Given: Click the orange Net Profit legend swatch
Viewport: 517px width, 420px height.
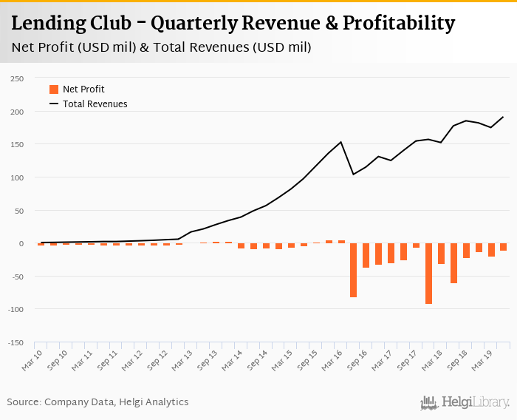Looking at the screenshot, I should click(x=54, y=89).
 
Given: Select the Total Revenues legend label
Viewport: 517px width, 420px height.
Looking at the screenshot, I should click(x=95, y=104).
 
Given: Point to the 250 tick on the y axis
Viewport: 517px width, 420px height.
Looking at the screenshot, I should click(x=17, y=78).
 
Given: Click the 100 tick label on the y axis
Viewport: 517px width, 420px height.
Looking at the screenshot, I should click(x=17, y=177).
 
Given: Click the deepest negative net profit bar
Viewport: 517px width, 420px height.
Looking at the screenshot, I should click(x=428, y=274).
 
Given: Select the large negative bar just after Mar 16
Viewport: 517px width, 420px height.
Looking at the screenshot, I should click(x=353, y=270).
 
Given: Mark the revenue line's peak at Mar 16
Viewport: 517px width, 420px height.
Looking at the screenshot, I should click(x=340, y=142).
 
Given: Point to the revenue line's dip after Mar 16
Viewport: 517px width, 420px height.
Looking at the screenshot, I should click(x=353, y=175).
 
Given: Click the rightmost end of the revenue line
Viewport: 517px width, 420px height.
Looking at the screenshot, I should click(x=504, y=117).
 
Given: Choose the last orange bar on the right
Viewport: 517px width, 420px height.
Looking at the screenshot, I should click(x=504, y=247).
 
